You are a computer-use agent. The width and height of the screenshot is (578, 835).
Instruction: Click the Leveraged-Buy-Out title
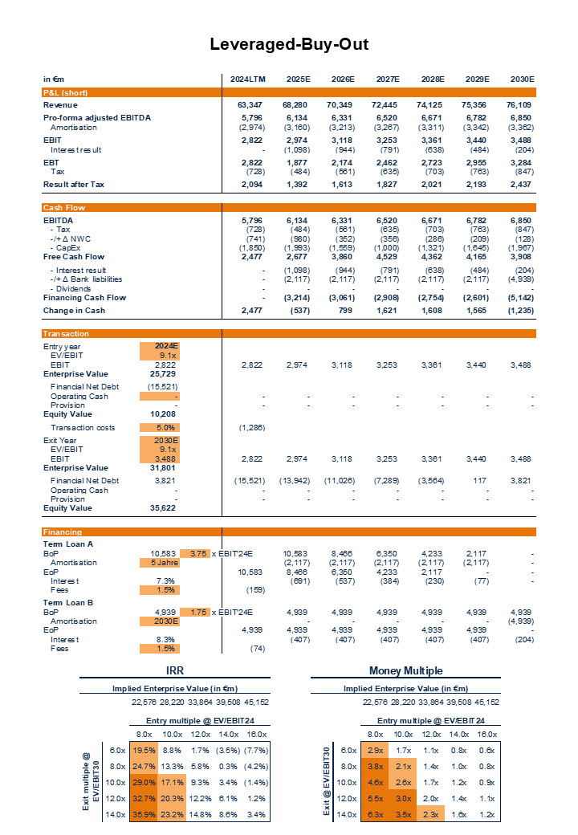coord(289,44)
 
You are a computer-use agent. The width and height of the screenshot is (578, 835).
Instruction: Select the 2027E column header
coord(388,79)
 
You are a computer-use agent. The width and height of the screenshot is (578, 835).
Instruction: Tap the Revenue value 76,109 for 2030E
coord(522,105)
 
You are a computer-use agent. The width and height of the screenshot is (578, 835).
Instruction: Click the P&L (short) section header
coord(65,92)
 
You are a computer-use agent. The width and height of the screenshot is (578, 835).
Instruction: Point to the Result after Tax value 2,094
coord(252,185)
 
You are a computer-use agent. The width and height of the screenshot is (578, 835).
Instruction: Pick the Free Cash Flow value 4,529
coord(387,257)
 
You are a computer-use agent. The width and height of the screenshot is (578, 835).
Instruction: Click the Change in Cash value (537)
coord(298,310)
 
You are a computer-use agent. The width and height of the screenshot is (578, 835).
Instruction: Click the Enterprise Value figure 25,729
coord(164,373)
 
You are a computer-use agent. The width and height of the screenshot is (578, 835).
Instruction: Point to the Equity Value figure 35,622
coord(164,507)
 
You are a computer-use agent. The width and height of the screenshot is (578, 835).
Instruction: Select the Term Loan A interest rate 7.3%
coord(165,580)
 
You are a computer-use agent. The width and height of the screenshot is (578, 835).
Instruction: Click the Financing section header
coord(62,532)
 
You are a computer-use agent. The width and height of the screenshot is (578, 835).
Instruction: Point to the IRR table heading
coord(175,670)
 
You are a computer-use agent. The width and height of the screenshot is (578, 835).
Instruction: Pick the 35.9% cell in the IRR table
coord(144,813)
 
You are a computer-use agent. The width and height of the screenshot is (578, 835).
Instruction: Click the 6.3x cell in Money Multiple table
coord(375,813)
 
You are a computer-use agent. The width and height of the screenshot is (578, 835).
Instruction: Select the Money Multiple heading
coord(405,670)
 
